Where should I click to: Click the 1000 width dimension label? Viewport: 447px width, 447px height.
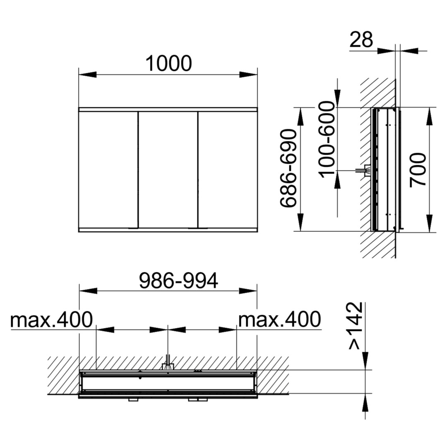click(168, 63)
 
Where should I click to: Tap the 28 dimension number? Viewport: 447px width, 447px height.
click(361, 39)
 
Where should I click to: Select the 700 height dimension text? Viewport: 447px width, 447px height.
click(418, 170)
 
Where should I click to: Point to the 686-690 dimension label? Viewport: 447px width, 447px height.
click(288, 168)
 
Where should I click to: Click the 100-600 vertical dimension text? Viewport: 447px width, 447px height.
click(327, 139)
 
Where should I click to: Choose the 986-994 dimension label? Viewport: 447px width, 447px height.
click(178, 281)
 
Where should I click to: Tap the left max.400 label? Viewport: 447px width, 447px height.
click(51, 320)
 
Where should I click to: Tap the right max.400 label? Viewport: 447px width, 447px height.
click(279, 320)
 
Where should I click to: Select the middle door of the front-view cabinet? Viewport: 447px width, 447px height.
click(168, 170)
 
